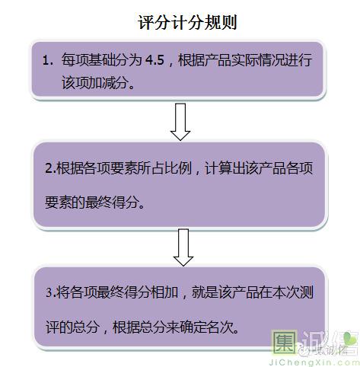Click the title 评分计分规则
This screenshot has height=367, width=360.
187,22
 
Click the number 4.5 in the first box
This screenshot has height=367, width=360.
155,60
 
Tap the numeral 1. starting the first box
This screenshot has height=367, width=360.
47,60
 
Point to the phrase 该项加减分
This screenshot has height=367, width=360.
94,82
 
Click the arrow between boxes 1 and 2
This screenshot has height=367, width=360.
180,122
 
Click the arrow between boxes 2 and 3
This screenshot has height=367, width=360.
183,247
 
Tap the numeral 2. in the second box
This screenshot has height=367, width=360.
50,168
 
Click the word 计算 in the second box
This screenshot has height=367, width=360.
218,168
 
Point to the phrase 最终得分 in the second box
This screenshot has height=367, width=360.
112,203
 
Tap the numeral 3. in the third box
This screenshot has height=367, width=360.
51,292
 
